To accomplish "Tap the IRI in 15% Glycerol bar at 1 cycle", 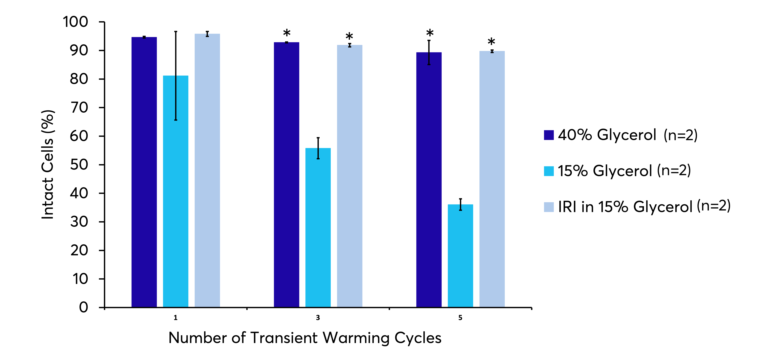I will pos(207,171).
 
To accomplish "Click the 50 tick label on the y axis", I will pos(79,165).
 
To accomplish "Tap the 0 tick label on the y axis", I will pos(84,307).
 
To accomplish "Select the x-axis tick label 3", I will pos(318,318).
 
